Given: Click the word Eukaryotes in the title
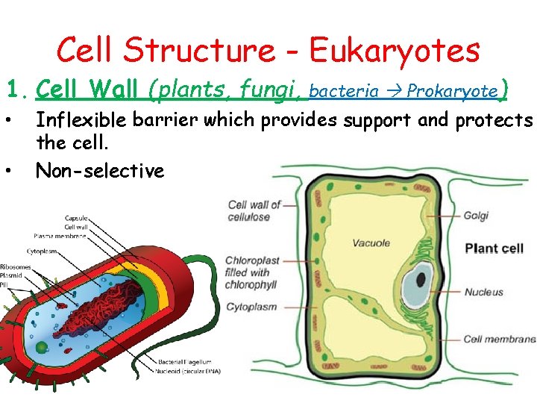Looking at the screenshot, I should (395, 51).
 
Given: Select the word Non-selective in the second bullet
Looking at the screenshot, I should (99, 171).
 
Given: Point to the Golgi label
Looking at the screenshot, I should (476, 216).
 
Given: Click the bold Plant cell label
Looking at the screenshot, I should (494, 248).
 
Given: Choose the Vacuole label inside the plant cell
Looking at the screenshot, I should (371, 243).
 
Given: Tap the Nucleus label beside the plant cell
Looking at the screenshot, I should (484, 292).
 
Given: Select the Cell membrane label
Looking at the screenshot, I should (499, 339).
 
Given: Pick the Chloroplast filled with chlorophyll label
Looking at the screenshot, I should (251, 272).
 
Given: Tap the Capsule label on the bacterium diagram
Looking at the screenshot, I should (75, 219).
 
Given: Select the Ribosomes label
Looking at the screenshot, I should (15, 266).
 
